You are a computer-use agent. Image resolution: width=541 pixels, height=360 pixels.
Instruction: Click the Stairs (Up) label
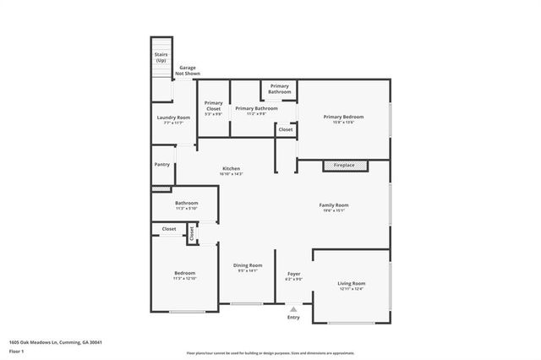point(161,57)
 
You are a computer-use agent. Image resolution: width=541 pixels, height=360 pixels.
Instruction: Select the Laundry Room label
point(172,117)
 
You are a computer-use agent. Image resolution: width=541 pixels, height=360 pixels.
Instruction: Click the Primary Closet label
point(213,105)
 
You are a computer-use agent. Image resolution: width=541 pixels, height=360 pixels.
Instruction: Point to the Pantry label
point(161,165)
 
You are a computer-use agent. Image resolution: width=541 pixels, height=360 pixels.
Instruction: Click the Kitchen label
point(232,168)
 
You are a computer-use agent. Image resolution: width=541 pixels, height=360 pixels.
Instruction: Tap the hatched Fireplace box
point(344,165)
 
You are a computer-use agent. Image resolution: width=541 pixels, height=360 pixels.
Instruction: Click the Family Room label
point(334,205)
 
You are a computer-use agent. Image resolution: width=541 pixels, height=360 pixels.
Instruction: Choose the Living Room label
point(351,283)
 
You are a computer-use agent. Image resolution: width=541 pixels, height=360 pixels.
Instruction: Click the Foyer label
point(293,275)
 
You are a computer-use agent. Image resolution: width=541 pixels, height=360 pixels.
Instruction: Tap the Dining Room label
point(248,265)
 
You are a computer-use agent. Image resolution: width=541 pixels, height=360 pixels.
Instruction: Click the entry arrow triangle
point(293,309)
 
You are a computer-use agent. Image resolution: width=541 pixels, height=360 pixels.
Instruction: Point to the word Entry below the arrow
point(293,318)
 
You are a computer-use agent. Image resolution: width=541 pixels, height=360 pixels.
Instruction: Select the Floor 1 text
point(16,350)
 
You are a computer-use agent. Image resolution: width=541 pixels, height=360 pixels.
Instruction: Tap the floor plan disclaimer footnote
point(270,352)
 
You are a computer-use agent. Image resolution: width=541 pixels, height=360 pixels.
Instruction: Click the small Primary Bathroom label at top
point(279,89)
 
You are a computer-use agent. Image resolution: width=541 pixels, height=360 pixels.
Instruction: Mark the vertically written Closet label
point(192,232)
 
